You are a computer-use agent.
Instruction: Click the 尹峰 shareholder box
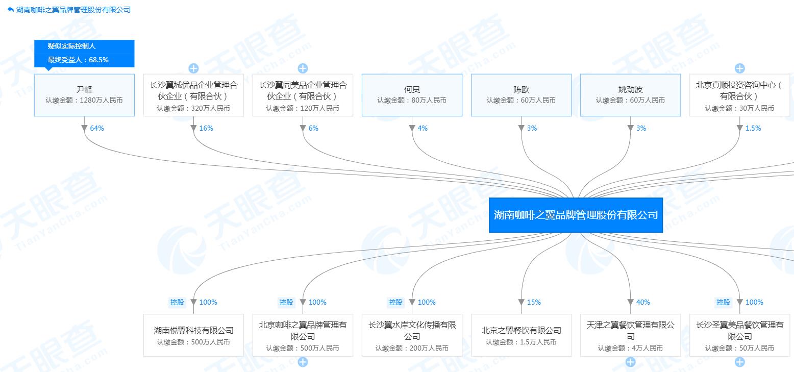point(84,95)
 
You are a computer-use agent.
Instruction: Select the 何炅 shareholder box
point(412,95)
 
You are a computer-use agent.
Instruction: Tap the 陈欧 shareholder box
point(521,95)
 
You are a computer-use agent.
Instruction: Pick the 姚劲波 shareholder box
point(630,95)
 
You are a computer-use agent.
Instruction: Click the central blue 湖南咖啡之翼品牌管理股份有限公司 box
point(576,215)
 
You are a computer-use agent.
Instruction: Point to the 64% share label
point(97,128)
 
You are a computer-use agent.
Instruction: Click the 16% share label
point(206,128)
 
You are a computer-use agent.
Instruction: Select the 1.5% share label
point(753,128)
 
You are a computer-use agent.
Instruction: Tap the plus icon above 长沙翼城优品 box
point(193,68)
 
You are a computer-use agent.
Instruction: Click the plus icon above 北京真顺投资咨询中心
point(739,68)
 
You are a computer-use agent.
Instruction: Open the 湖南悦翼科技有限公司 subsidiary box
point(193,335)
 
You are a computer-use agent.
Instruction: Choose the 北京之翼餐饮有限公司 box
point(521,335)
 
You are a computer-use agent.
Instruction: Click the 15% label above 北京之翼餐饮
point(533,302)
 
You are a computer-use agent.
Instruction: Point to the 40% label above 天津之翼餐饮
point(642,302)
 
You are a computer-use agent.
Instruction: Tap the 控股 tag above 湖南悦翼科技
point(177,302)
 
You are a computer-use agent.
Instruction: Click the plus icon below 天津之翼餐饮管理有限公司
point(630,362)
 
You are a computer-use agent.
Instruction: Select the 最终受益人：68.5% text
point(78,60)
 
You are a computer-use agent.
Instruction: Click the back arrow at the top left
point(11,10)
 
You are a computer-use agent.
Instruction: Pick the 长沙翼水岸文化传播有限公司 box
point(412,335)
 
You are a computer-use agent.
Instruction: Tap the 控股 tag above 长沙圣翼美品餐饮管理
point(723,302)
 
